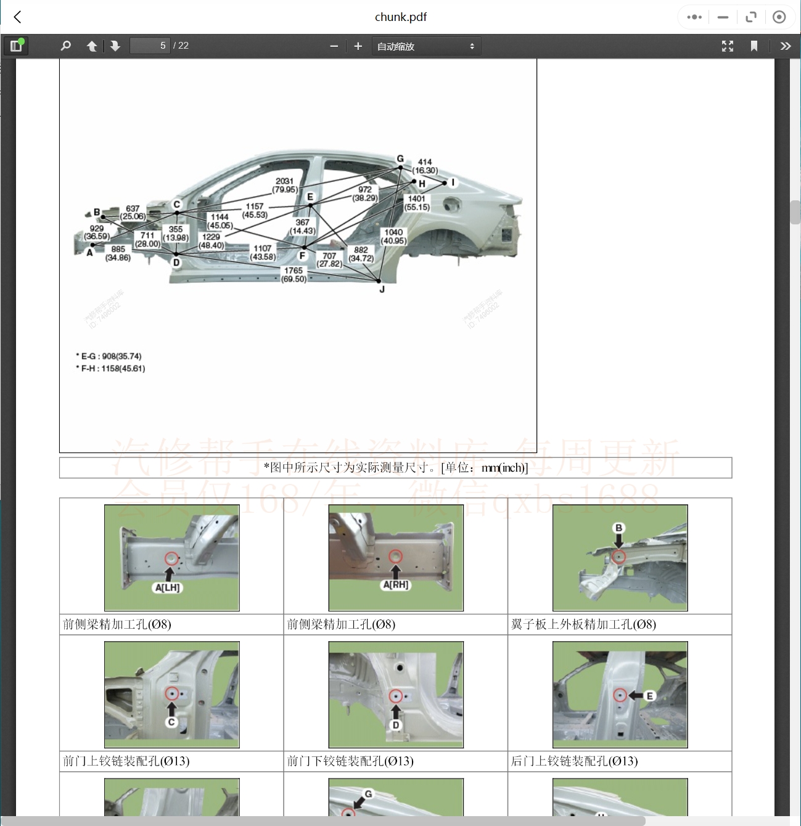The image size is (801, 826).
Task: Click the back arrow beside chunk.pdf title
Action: pyautogui.click(x=18, y=17)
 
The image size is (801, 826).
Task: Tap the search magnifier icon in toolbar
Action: pyautogui.click(x=66, y=46)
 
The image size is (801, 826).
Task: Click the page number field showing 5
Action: pyautogui.click(x=150, y=46)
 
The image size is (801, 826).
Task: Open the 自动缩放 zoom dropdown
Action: pyautogui.click(x=425, y=46)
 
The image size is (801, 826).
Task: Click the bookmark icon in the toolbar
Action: pyautogui.click(x=754, y=46)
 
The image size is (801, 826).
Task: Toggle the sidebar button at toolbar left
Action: pyautogui.click(x=16, y=46)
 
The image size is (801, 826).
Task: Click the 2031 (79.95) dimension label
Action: pyautogui.click(x=285, y=186)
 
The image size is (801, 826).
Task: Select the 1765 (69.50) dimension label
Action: pyautogui.click(x=294, y=275)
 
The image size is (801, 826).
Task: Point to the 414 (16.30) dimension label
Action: pyautogui.click(x=425, y=166)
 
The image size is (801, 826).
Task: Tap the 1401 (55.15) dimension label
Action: pyautogui.click(x=417, y=203)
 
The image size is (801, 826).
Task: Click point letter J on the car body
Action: pyautogui.click(x=382, y=289)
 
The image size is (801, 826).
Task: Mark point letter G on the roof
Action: pyautogui.click(x=400, y=159)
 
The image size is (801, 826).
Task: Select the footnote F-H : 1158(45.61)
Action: pyautogui.click(x=113, y=369)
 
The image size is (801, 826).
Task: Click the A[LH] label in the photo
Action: pyautogui.click(x=167, y=588)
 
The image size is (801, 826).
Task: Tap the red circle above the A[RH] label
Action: pyautogui.click(x=395, y=557)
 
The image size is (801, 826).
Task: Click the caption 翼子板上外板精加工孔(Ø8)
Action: pyautogui.click(x=583, y=624)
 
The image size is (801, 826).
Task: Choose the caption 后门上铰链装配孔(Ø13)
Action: pyautogui.click(x=574, y=761)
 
